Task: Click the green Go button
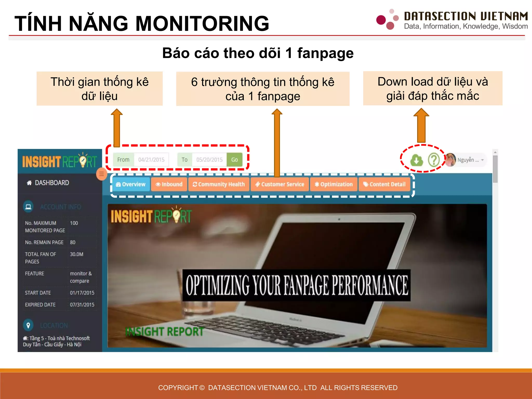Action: click(x=234, y=160)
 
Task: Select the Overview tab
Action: click(x=131, y=184)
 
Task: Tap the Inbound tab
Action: click(x=169, y=184)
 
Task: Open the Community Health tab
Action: click(x=219, y=184)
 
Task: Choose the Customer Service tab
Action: click(x=280, y=184)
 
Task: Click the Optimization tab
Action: click(x=334, y=184)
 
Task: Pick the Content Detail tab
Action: click(x=384, y=184)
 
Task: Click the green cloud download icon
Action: click(x=416, y=160)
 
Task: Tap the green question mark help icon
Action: click(x=434, y=160)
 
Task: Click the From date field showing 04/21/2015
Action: click(x=151, y=160)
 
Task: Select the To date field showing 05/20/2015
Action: click(x=209, y=160)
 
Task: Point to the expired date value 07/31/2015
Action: click(x=82, y=305)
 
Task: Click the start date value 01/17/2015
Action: click(x=82, y=293)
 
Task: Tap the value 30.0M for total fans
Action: click(x=77, y=254)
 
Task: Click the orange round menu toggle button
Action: click(x=102, y=174)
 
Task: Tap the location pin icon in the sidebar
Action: click(x=28, y=325)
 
